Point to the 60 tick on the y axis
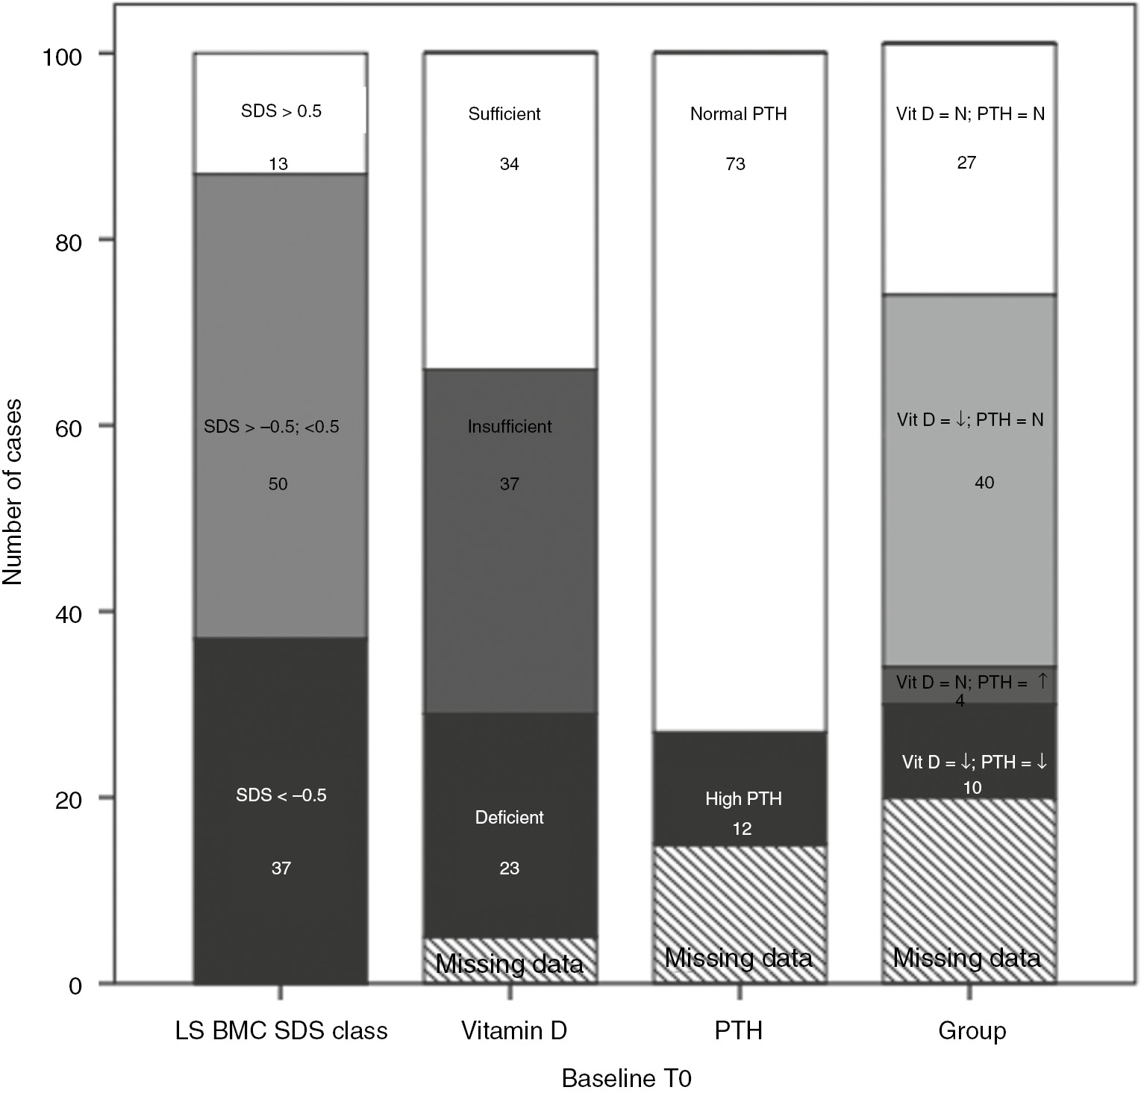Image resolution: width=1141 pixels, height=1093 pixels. pos(71,427)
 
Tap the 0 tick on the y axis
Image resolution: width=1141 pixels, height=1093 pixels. pos(75,986)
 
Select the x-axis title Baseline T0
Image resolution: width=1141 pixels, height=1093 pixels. pos(627,1078)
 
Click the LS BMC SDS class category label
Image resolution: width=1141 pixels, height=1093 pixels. pos(281,1030)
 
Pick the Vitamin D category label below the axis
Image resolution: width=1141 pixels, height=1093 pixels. pos(513,1030)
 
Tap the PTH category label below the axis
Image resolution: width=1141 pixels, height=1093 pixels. pos(738,1030)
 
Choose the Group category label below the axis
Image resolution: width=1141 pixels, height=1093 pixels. pos(972,1030)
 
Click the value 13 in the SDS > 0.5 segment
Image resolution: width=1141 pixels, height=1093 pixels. pos(278,164)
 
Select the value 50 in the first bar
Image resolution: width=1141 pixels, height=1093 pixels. pos(278,484)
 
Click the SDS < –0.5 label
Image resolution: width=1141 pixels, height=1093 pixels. pos(281,795)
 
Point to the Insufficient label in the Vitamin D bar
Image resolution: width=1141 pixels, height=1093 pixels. pos(510,427)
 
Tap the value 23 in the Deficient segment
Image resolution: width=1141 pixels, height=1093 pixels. pos(510,868)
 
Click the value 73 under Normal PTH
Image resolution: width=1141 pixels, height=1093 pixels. pos(735,164)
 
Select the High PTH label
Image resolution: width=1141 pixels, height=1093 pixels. pos(743,799)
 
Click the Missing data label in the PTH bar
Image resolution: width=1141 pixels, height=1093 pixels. pos(738,957)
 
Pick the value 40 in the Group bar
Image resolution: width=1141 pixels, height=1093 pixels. pos(984,483)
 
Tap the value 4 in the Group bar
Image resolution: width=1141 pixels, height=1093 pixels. pos(960,701)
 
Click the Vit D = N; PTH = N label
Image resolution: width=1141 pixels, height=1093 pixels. pos(970,114)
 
